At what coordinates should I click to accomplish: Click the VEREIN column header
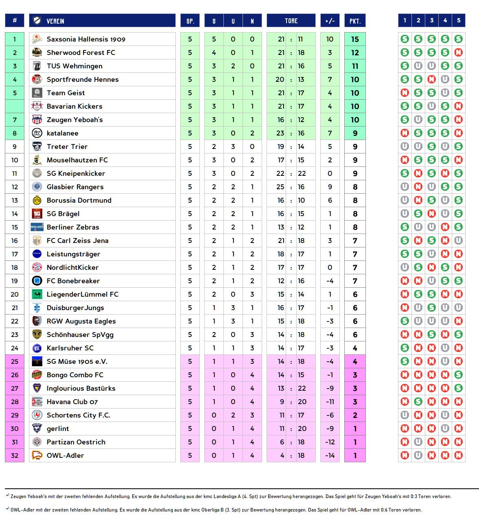click(55, 21)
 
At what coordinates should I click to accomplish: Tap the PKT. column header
click(355, 21)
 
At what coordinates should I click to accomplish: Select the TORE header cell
click(291, 21)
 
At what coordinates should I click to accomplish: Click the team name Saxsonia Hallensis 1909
click(86, 39)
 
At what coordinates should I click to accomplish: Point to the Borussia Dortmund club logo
click(37, 200)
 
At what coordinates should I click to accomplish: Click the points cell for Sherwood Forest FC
click(355, 52)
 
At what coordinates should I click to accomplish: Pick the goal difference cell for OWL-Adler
click(330, 455)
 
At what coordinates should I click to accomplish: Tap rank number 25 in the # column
click(15, 361)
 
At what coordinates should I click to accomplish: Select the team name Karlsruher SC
click(70, 348)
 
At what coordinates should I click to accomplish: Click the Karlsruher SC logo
click(37, 348)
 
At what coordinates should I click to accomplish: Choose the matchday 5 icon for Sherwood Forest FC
click(458, 52)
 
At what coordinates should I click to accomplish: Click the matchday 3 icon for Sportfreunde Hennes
click(431, 79)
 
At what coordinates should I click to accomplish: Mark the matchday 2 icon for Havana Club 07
click(418, 402)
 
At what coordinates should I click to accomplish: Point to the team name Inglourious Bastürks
click(81, 388)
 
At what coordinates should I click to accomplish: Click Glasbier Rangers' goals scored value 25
click(280, 187)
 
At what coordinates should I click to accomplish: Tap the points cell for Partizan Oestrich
click(355, 442)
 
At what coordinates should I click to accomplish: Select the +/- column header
click(330, 21)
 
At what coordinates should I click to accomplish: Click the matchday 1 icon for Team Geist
click(405, 93)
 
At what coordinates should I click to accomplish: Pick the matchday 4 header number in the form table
click(445, 20)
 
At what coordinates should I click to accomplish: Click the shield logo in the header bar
click(37, 21)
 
